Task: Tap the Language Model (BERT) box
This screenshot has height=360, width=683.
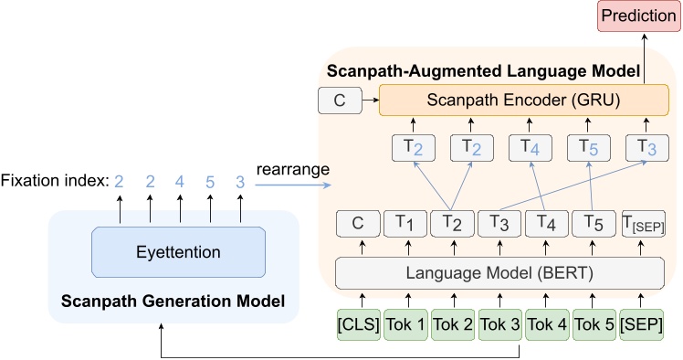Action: (499, 271)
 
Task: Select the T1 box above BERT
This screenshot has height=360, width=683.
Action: (405, 223)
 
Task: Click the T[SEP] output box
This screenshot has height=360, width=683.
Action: (642, 223)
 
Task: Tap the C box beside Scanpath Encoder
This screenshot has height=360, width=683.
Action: (340, 101)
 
